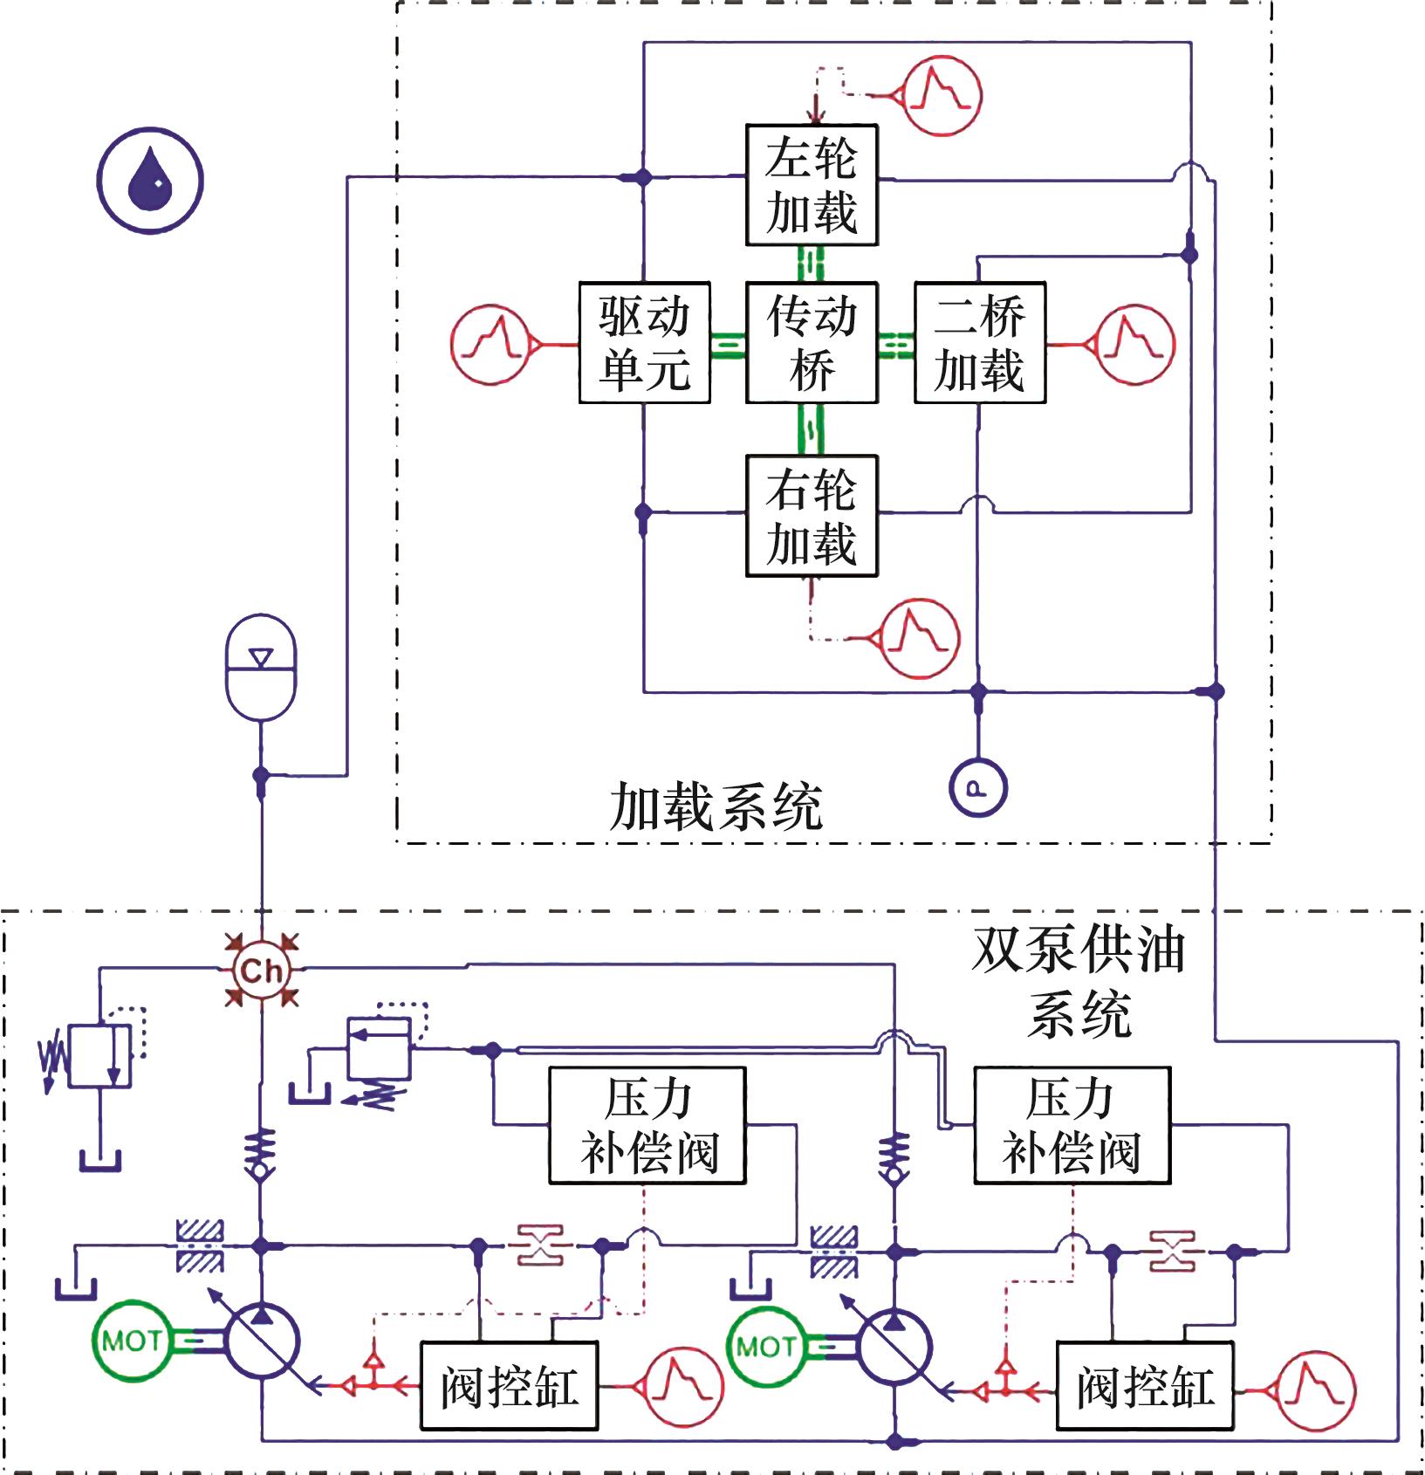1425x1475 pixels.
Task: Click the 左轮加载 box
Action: coord(812,185)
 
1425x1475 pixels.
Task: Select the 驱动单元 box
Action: coord(645,342)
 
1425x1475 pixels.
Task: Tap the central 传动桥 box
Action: coord(812,342)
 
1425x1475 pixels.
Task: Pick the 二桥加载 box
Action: coord(980,342)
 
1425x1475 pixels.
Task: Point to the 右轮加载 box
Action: coord(812,516)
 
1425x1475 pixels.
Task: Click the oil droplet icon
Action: coord(150,181)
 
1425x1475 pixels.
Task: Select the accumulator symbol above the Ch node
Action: coord(261,668)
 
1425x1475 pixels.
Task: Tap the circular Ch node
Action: coord(261,971)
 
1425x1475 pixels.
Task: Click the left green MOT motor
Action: coord(133,1341)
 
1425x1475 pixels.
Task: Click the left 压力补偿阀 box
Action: coord(647,1125)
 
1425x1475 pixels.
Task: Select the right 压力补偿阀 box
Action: coord(1072,1125)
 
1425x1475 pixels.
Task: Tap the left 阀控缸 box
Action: coord(510,1386)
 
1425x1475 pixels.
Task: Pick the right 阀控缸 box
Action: coord(1145,1386)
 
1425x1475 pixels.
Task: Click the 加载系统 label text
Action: coord(716,806)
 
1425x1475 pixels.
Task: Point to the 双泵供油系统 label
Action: coord(1079,982)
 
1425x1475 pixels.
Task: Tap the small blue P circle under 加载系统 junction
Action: coord(978,788)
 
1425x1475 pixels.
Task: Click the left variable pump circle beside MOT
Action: coord(262,1342)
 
